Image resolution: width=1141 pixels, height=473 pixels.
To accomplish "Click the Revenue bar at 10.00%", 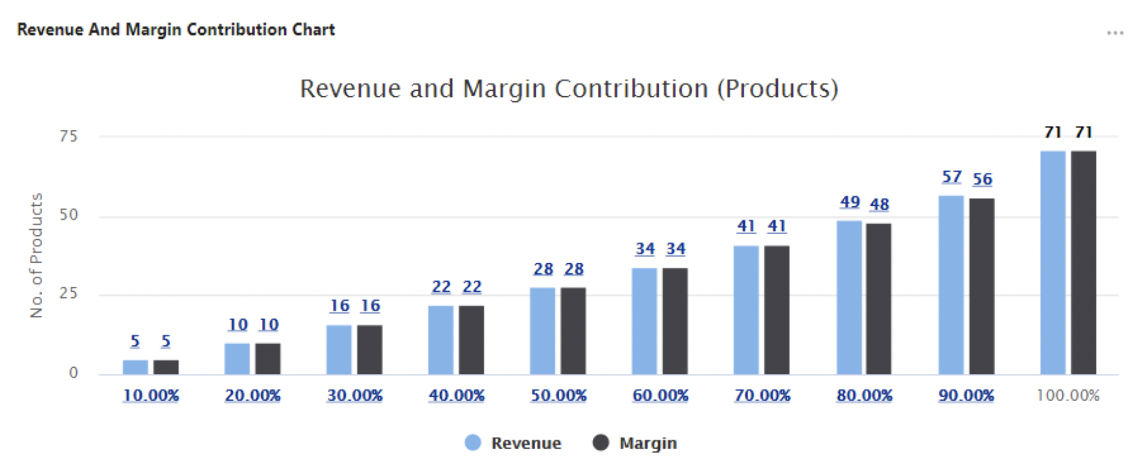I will tap(135, 367).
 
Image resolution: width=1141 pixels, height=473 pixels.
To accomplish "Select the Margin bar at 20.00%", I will tap(268, 358).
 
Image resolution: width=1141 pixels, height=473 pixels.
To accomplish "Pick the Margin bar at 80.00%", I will tap(879, 299).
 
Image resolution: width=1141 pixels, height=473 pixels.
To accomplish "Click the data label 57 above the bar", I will tap(951, 177).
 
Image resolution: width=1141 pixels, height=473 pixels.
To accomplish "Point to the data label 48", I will tap(879, 205).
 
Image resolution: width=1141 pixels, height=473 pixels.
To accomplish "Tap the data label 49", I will tap(849, 202).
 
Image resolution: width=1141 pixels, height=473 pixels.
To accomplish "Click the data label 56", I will tap(982, 180).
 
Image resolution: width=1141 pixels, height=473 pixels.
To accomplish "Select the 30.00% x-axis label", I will tap(354, 395).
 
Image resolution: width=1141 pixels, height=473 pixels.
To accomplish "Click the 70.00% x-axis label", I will tap(762, 395).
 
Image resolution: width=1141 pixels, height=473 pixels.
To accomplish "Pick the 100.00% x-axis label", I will tap(1068, 395).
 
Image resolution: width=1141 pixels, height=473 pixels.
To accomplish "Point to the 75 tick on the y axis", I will tap(68, 136).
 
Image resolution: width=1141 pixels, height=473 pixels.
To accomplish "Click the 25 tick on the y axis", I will tap(68, 293).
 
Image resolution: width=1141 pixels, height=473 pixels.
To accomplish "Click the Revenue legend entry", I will tap(513, 443).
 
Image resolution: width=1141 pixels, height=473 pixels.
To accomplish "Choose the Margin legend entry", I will tap(635, 443).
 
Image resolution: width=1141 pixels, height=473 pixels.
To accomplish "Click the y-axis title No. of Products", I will tap(36, 255).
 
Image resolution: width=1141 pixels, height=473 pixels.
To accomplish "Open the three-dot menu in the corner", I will tap(1115, 33).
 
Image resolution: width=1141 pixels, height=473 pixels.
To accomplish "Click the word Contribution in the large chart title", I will tap(631, 89).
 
